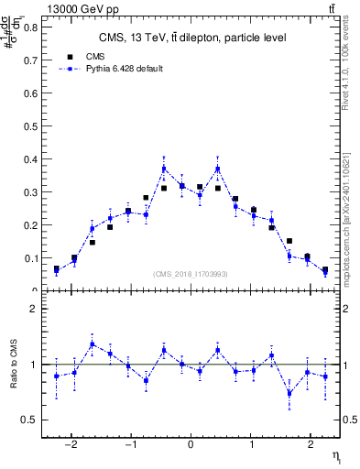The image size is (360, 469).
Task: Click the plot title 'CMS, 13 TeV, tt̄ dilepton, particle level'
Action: point(192,38)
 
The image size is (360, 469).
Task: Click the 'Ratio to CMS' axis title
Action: point(14,376)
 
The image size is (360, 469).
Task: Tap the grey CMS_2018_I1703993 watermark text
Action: point(190,274)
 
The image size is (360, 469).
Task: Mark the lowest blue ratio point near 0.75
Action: point(289,393)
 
